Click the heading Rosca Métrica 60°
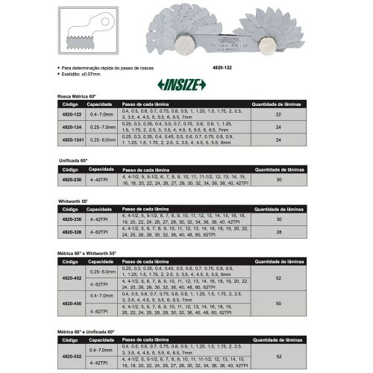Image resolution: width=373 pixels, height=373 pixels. [x=78, y=97]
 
